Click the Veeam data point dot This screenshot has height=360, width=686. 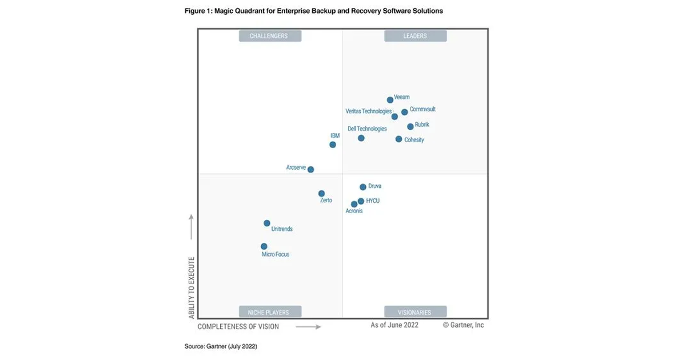tap(390, 100)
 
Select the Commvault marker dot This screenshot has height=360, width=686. tap(405, 112)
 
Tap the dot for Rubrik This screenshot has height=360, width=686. tap(410, 127)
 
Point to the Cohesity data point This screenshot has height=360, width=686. tap(399, 139)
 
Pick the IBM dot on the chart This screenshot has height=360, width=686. tap(333, 145)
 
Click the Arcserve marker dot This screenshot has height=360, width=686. tap(310, 169)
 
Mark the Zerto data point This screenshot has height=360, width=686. tap(321, 194)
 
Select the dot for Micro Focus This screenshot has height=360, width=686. tap(264, 246)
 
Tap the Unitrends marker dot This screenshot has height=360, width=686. tap(267, 223)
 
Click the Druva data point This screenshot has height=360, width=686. tap(362, 187)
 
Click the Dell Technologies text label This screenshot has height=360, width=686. tap(367, 129)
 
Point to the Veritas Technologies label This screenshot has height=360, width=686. tap(369, 111)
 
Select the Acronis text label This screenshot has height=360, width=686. tap(354, 211)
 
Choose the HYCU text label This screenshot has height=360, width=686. tap(373, 201)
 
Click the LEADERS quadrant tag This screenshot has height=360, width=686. tap(415, 36)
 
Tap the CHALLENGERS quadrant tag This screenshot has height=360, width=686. tap(269, 36)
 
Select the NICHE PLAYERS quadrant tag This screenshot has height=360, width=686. tap(269, 312)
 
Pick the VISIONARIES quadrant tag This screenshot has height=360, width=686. tap(415, 312)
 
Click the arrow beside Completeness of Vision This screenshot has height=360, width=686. tap(308, 327)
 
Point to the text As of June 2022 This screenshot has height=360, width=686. tap(394, 325)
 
